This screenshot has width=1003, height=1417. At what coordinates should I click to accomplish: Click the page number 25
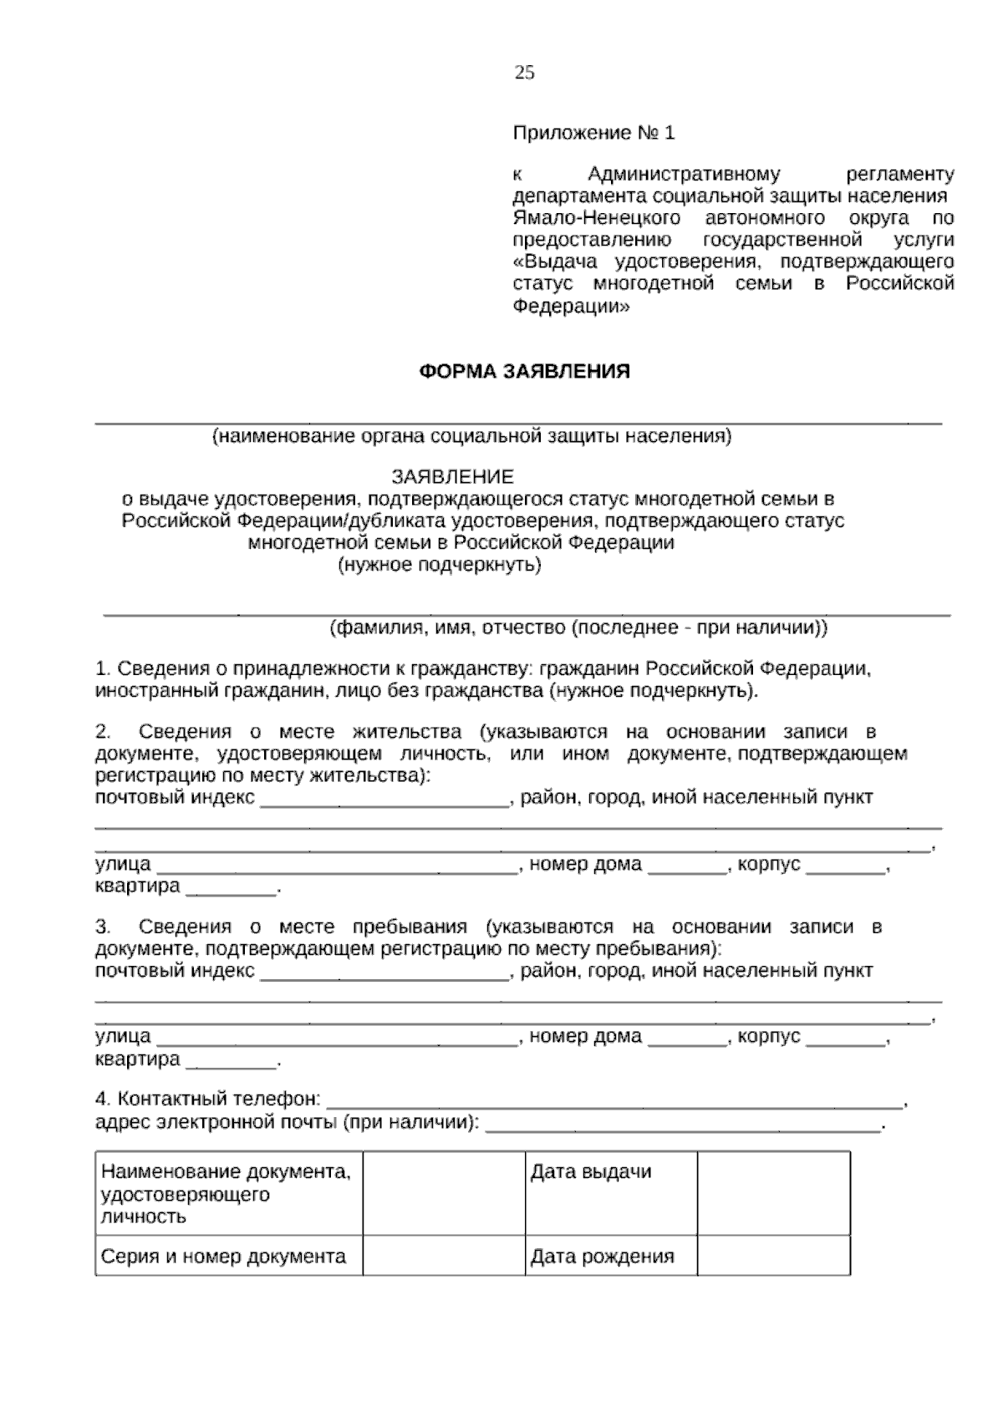point(524,73)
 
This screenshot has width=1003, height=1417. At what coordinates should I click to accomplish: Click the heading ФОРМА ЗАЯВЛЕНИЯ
point(524,372)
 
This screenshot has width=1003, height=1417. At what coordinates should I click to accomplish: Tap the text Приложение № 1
point(593,133)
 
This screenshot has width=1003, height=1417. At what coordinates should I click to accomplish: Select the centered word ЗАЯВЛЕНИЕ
point(453,477)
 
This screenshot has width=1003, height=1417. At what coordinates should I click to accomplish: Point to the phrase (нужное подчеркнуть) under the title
point(440,566)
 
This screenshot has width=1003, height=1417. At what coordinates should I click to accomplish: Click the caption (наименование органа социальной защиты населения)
point(471,436)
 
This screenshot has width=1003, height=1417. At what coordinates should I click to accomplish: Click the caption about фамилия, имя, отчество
point(578,627)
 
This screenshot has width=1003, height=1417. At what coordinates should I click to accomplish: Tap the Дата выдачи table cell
point(591,1172)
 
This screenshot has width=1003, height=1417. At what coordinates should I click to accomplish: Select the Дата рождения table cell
point(602,1257)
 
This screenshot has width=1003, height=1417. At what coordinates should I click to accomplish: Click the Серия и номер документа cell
point(223,1257)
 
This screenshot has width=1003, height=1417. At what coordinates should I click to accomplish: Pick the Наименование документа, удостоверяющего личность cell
point(226,1194)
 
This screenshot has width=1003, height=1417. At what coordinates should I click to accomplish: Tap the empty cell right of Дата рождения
point(773,1257)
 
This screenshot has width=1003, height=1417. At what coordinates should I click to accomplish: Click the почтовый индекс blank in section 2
point(384,799)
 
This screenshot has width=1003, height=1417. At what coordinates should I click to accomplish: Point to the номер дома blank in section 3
point(688,1039)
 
